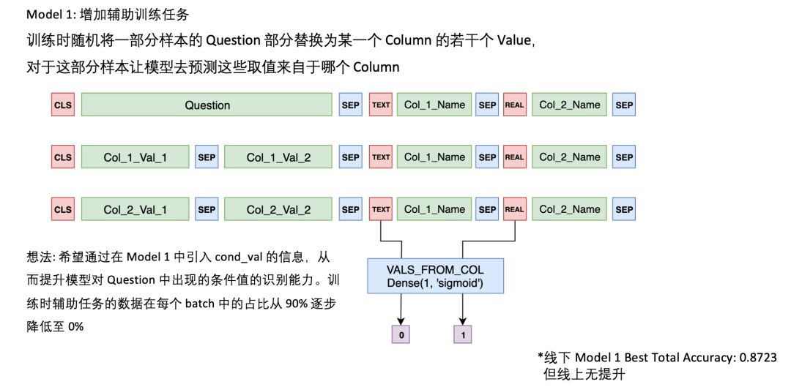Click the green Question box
tap(207, 105)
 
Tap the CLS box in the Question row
tap(63, 105)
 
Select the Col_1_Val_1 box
tap(135, 157)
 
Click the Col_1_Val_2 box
tap(278, 157)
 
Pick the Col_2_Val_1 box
tap(135, 209)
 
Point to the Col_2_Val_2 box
tap(278, 209)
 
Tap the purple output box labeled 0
tap(401, 336)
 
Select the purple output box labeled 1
tap(463, 336)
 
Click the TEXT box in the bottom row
tap(381, 209)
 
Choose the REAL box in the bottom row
tap(515, 209)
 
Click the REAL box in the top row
tap(515, 105)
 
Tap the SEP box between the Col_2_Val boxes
tap(207, 209)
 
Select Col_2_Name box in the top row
tap(570, 105)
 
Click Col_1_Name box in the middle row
tap(434, 157)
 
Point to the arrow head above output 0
tap(401, 322)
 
